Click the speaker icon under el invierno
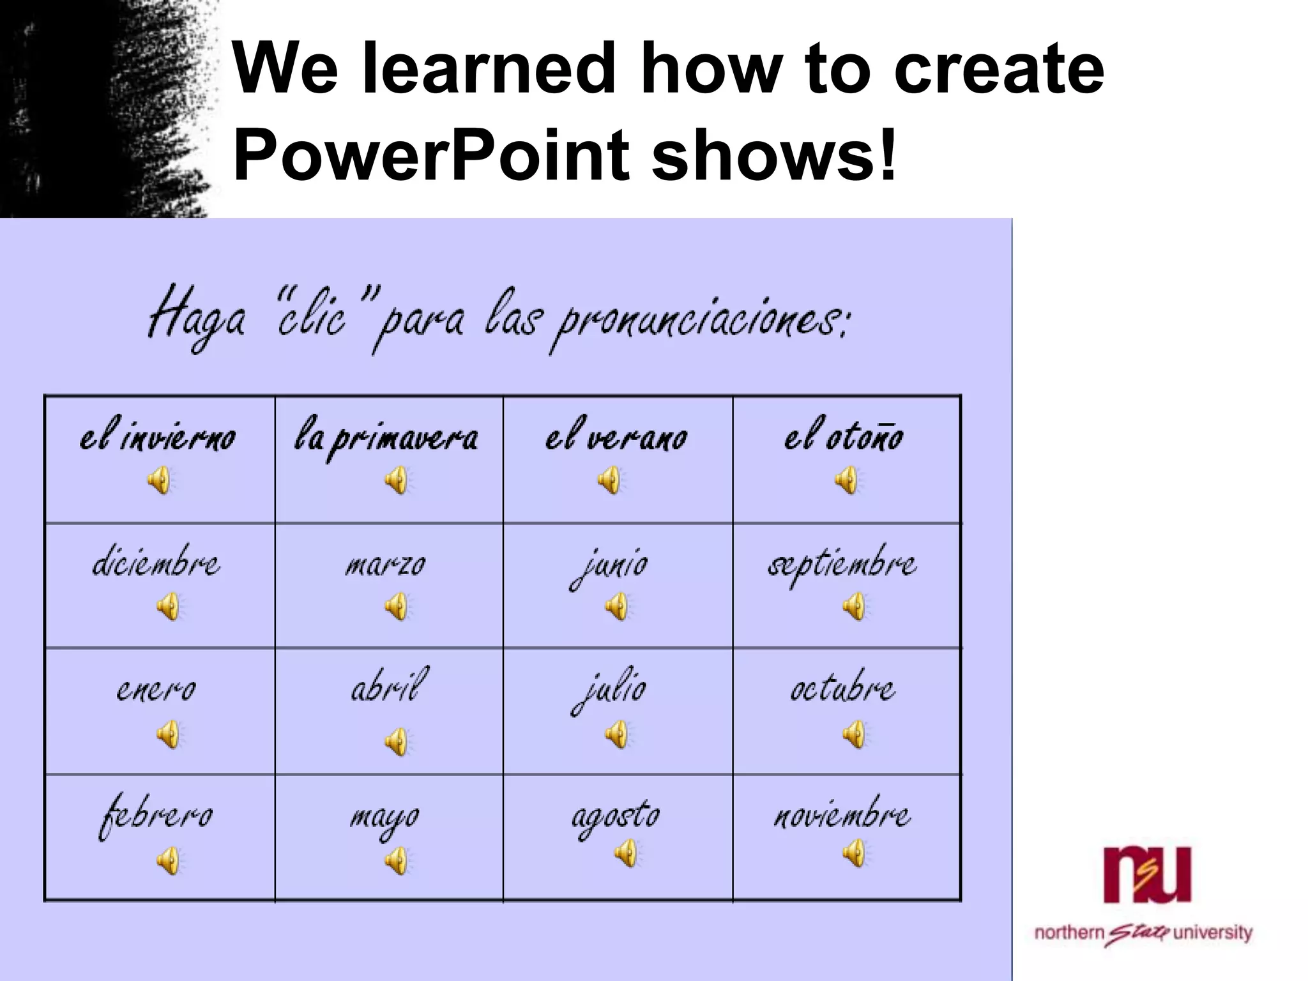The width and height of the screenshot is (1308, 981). click(x=159, y=480)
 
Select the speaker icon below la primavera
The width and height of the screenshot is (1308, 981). click(x=396, y=480)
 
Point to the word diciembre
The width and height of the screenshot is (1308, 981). click(x=156, y=563)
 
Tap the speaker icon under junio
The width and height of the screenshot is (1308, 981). click(x=616, y=606)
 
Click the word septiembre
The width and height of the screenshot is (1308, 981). click(x=842, y=565)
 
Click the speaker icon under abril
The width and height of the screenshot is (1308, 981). click(x=396, y=741)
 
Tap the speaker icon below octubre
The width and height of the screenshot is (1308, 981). click(x=853, y=734)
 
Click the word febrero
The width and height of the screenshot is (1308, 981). click(x=156, y=817)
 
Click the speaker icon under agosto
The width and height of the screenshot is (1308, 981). click(x=626, y=853)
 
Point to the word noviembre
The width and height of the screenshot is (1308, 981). click(x=842, y=816)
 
